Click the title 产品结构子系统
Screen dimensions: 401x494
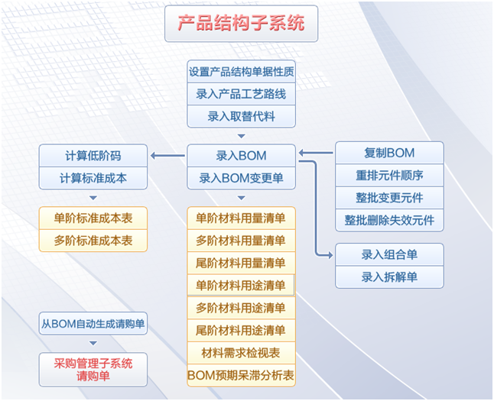[241, 23]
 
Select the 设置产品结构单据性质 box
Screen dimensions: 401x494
[241, 72]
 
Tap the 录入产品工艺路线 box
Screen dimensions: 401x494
[241, 94]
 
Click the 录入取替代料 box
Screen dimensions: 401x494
[241, 116]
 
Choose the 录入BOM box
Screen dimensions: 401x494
[241, 156]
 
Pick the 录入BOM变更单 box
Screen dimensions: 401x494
[241, 178]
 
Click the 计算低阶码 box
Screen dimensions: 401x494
[93, 156]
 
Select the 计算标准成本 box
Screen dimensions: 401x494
[93, 178]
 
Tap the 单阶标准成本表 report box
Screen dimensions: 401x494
[93, 218]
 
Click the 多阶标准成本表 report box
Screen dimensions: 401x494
[93, 240]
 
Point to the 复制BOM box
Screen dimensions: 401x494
[389, 153]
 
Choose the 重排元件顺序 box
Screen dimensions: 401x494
[389, 175]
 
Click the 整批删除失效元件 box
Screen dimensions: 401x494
[389, 220]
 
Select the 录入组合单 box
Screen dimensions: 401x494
[389, 254]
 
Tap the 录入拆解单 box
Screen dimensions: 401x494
[389, 276]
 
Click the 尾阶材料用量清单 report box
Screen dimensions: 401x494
[241, 263]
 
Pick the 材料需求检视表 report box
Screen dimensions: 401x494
[241, 353]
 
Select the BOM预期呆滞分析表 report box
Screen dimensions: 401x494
[241, 375]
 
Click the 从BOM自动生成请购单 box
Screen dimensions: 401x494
[93, 323]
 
